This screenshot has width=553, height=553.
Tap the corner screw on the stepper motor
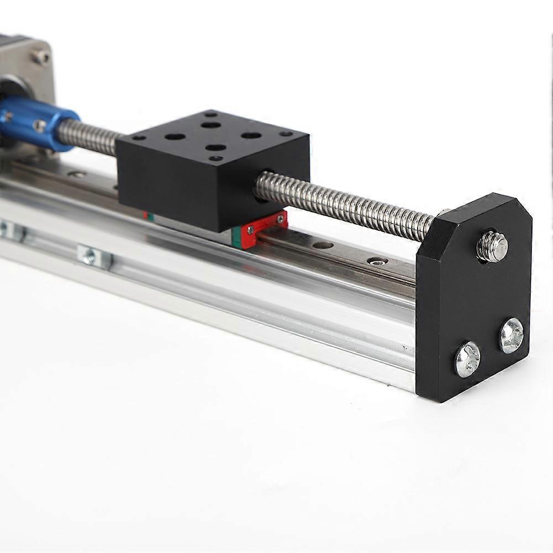[x=39, y=56]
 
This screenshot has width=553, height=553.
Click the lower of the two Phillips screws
[x=467, y=359]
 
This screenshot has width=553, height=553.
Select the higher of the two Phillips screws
[x=511, y=335]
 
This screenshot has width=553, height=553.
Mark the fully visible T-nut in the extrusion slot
[x=94, y=257]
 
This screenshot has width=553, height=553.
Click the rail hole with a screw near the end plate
[x=378, y=261]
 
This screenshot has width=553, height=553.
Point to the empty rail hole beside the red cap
[x=323, y=244]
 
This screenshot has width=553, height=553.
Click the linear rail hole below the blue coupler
[x=77, y=174]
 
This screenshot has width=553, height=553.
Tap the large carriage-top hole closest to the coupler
[x=174, y=136]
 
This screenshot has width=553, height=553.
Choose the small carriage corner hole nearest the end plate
[x=286, y=134]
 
